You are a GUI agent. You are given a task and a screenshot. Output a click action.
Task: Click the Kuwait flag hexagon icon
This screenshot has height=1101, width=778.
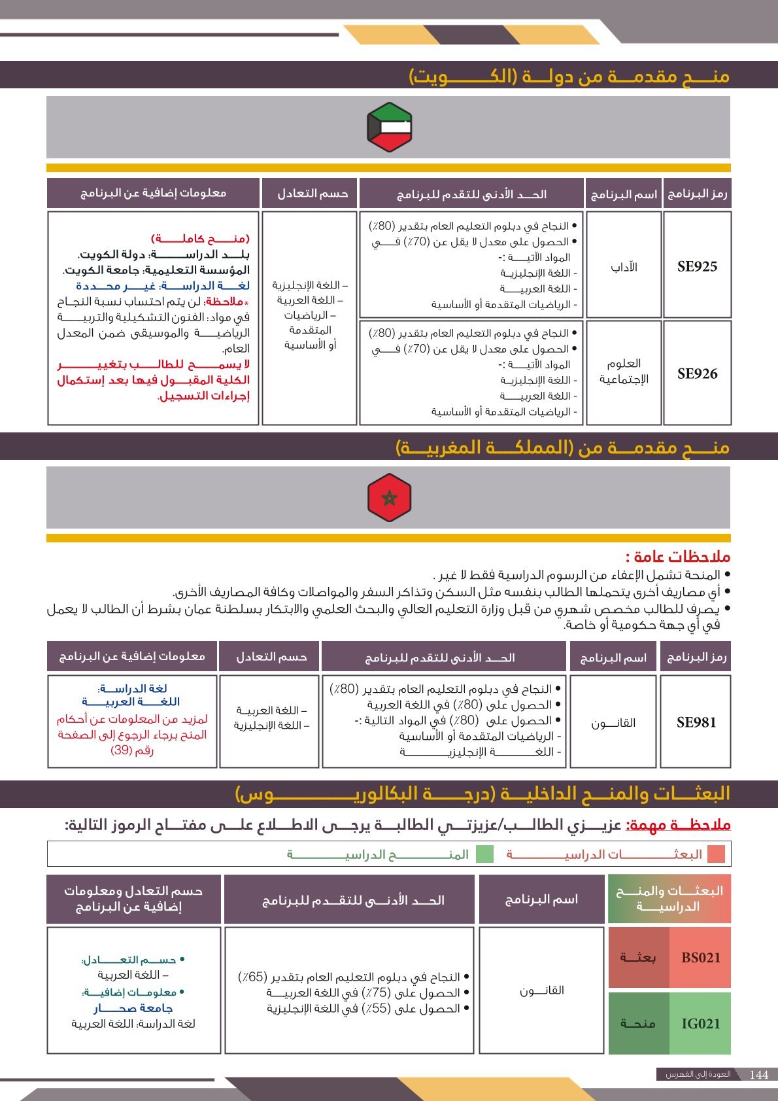coord(389,127)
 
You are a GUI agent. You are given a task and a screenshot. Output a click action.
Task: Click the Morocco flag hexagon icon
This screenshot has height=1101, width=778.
coord(389,498)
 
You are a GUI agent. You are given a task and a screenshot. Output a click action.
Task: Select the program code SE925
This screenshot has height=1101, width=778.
coord(697,266)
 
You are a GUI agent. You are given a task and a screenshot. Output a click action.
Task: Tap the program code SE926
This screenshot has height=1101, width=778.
coord(697,374)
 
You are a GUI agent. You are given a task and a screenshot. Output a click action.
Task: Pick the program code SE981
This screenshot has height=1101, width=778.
coord(696,722)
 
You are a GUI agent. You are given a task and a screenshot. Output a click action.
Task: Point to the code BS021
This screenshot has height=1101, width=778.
coord(700,958)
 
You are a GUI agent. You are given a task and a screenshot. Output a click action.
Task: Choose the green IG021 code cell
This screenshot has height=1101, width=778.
coord(700,1024)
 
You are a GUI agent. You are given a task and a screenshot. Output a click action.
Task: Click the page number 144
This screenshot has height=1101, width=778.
coord(759,1075)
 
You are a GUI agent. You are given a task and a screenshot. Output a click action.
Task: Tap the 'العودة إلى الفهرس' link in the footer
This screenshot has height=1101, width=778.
coord(698,1075)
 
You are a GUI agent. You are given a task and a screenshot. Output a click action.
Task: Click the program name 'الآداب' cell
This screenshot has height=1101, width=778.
coord(624,267)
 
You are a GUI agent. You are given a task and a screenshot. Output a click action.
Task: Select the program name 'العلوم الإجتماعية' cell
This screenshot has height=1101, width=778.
coord(624,372)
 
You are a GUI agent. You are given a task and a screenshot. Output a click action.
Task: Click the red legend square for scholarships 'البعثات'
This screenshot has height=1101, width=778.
coord(717,854)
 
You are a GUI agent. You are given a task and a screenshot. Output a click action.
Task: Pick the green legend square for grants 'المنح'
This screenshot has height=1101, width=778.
coord(484,854)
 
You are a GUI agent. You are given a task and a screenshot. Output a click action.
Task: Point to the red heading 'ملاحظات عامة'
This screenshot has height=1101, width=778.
coord(677,557)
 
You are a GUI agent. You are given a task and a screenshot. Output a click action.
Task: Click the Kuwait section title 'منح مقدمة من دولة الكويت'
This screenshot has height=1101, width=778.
coord(569,77)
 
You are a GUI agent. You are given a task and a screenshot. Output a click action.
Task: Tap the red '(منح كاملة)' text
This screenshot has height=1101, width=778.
coord(200,239)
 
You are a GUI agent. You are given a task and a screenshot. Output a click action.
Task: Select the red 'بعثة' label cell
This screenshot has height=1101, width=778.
coord(638,958)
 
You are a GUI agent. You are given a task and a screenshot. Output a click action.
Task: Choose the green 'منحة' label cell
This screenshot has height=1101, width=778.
coord(638,1024)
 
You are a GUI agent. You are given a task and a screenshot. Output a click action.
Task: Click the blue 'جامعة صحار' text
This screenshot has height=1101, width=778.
coord(133,1008)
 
